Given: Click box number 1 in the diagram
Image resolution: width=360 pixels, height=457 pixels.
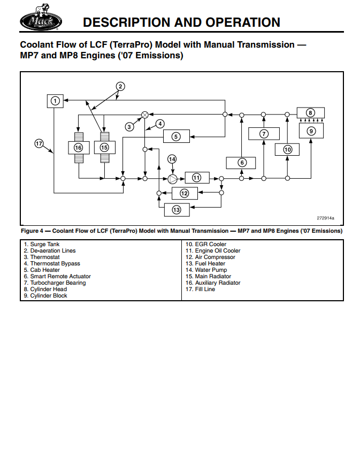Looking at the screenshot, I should (55, 100).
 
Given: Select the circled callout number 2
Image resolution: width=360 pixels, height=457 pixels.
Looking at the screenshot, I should (121, 86).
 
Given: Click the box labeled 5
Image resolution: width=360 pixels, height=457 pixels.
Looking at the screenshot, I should (176, 136).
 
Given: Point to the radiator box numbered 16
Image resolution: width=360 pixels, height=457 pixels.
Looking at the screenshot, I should (79, 147).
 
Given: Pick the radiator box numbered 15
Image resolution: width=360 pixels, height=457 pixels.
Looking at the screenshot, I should (104, 147).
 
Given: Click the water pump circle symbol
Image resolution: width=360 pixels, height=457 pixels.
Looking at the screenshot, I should (172, 178).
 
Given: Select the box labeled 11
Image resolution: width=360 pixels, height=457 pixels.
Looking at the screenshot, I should (197, 178).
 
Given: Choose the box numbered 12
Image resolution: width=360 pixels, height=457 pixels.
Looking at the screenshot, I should (184, 193).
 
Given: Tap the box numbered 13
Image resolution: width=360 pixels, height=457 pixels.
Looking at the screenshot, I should (177, 210).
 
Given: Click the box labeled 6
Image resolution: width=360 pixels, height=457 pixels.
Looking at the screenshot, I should (241, 163).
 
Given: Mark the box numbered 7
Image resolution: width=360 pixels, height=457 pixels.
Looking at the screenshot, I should (264, 133).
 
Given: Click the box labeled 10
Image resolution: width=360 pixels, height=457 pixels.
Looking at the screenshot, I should (287, 149).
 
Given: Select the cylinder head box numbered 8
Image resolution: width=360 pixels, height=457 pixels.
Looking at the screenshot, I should (310, 112).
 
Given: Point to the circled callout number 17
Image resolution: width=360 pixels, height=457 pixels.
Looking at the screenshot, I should (39, 143).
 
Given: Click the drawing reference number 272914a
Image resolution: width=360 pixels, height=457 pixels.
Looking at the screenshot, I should (325, 218).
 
